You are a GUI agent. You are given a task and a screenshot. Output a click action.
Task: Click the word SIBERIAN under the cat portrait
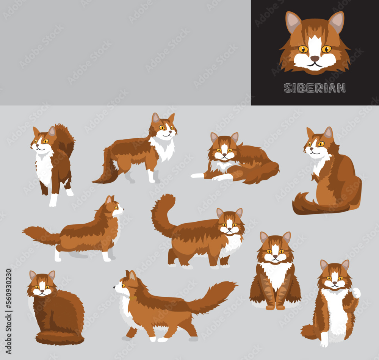coord(315,88)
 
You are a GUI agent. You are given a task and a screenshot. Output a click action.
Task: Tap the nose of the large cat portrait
coord(315,58)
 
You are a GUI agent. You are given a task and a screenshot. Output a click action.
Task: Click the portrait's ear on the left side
coord(292,22)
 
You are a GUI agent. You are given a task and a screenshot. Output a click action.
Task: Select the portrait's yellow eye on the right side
coord(326,49)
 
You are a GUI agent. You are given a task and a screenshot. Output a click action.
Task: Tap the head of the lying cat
coord(224,148)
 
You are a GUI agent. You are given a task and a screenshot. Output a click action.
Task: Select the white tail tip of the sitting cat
coord(356,293)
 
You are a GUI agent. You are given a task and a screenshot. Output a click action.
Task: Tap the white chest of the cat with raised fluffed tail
coord(44,167)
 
